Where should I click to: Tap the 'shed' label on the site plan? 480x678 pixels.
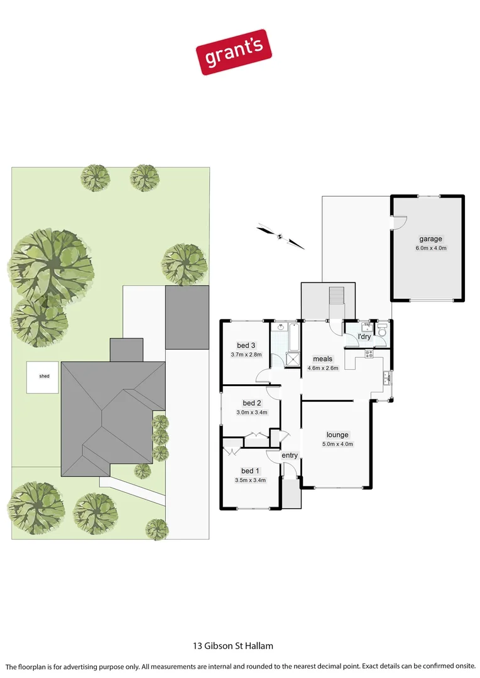tap(44, 376)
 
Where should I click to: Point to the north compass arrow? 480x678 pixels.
tap(280, 237)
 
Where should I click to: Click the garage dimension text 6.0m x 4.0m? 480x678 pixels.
tap(430, 248)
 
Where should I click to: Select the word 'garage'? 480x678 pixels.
tap(430, 239)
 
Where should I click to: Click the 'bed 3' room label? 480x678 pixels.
tap(246, 345)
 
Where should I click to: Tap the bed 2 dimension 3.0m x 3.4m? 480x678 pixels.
tap(252, 412)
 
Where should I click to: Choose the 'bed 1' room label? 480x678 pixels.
tap(249, 471)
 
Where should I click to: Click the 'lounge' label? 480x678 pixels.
tap(337, 434)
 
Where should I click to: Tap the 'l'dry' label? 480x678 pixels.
tap(364, 337)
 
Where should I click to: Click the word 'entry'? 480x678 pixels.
tap(290, 455)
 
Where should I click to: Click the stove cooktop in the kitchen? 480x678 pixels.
tap(369, 353)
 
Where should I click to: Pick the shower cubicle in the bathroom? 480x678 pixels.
tap(293, 358)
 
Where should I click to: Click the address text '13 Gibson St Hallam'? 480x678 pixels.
tap(232, 645)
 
